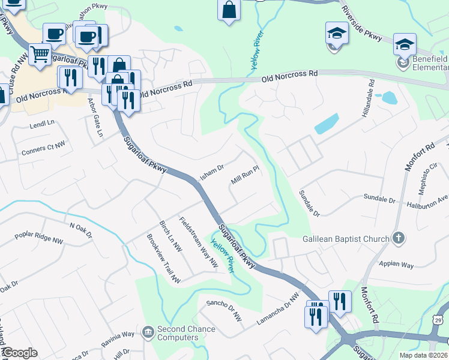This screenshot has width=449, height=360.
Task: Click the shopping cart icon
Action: [x=40, y=55]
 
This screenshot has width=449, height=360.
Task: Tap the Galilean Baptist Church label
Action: [x=346, y=239]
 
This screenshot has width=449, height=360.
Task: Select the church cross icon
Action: [x=399, y=238]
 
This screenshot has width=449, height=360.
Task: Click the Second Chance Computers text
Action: [x=178, y=333]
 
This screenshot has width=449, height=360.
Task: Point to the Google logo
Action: [x=19, y=353]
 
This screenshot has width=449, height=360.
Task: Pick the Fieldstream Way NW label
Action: [x=199, y=241]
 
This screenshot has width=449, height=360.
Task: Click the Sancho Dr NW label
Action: [x=224, y=310]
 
